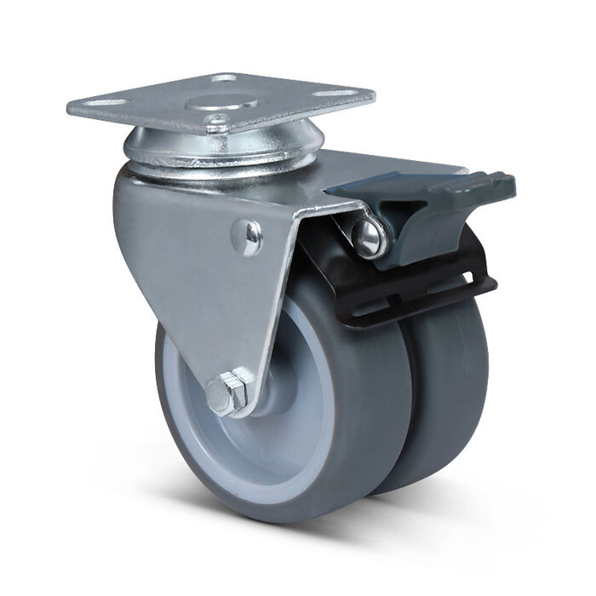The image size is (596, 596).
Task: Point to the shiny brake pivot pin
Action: tap(372, 238)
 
